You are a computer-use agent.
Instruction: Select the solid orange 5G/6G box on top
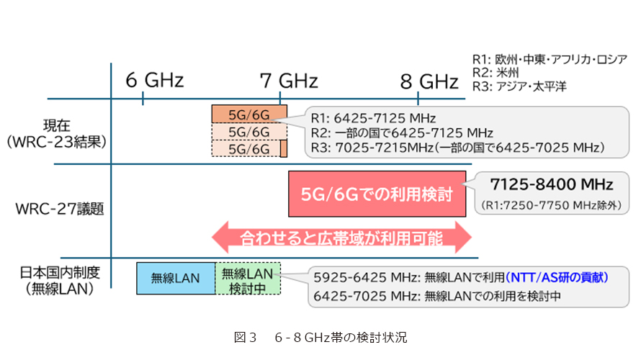pyautogui.click(x=248, y=114)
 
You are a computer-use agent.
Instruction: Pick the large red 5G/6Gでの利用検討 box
pyautogui.click(x=375, y=194)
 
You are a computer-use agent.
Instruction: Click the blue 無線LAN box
pyautogui.click(x=176, y=278)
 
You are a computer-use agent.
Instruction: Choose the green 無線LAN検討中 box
pyautogui.click(x=248, y=278)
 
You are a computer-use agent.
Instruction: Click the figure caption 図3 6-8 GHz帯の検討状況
pyautogui.click(x=320, y=336)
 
